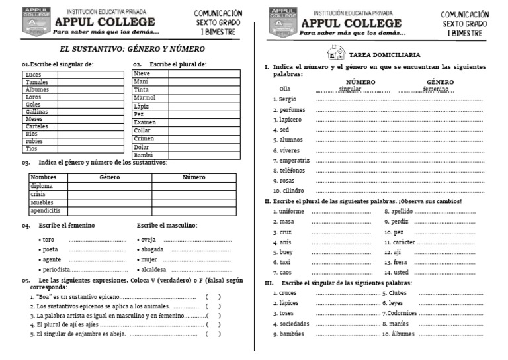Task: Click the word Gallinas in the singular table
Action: point(37,112)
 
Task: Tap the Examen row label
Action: point(145,122)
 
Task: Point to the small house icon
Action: point(336,53)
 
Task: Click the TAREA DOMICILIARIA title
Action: point(385,55)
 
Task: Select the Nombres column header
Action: point(44,177)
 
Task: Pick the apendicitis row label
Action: point(46,210)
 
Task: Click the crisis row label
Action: point(38,194)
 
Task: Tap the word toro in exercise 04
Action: point(48,240)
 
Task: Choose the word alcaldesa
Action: point(153,270)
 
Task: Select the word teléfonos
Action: point(292,171)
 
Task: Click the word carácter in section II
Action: point(403,242)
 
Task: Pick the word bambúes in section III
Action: point(292,334)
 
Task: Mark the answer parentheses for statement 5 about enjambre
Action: point(213,334)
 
